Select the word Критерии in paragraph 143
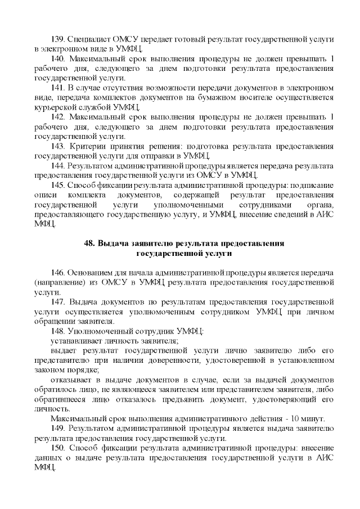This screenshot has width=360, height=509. pyautogui.click(x=85, y=146)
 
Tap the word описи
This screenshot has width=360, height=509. pyautogui.click(x=45, y=195)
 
